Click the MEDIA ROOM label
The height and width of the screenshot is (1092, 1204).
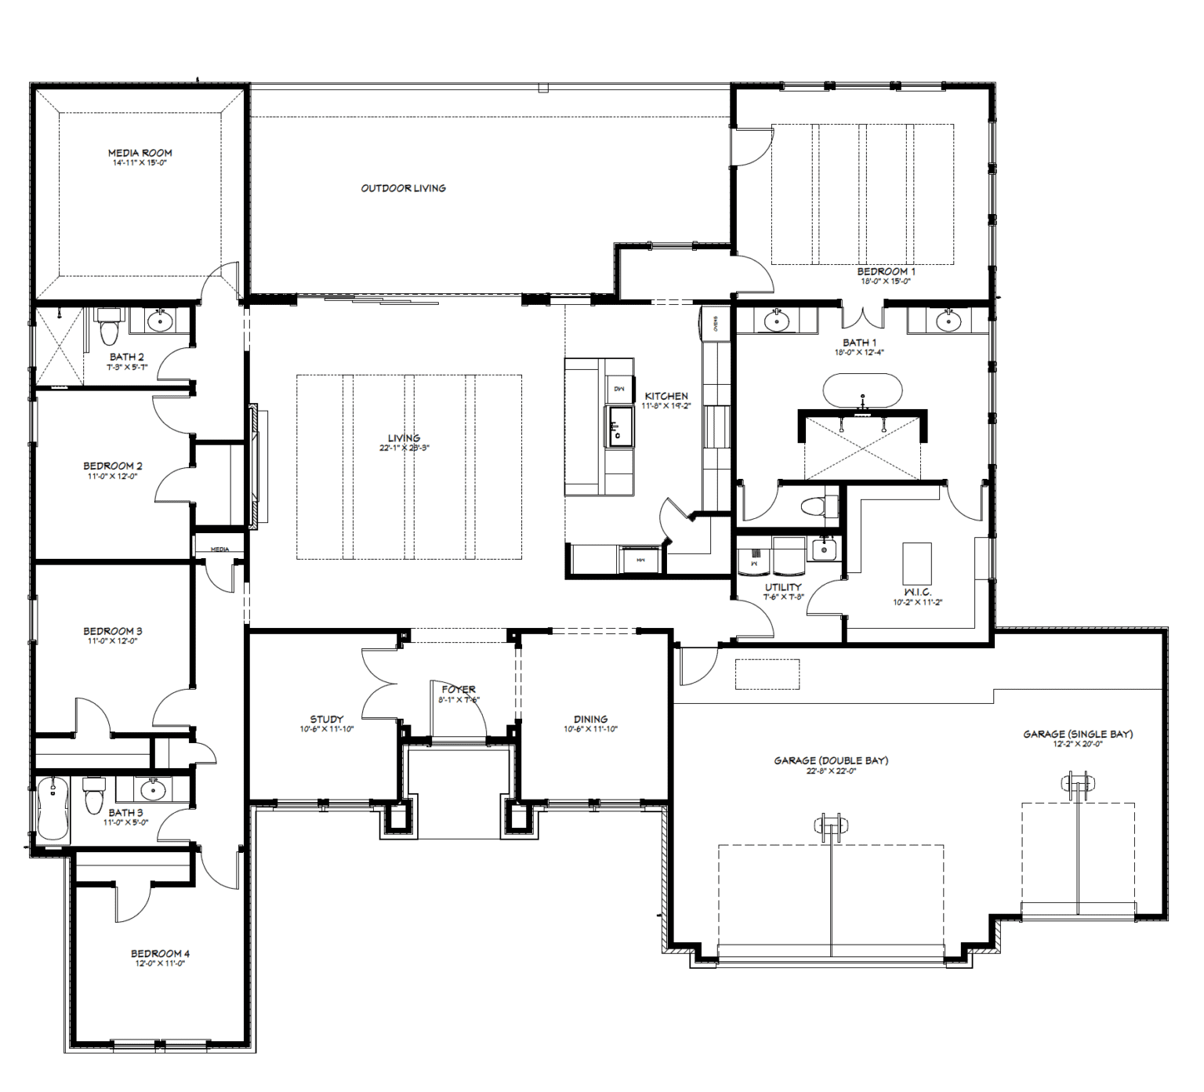(x=140, y=153)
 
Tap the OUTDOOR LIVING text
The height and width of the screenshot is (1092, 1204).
(x=403, y=188)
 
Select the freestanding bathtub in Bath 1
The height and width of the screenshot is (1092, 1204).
(x=862, y=390)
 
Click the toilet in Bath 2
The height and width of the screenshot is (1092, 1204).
(x=108, y=327)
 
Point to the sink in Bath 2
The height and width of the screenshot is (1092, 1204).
(x=161, y=321)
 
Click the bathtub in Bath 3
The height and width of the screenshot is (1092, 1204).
(x=53, y=808)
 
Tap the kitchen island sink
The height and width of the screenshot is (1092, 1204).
(x=618, y=426)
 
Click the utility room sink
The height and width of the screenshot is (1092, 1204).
(x=823, y=550)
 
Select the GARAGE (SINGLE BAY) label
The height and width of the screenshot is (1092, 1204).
(x=1078, y=734)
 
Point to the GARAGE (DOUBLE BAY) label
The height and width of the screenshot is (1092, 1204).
(x=831, y=760)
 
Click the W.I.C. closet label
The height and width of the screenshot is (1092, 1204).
(x=917, y=592)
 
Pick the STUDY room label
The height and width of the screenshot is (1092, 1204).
(x=326, y=719)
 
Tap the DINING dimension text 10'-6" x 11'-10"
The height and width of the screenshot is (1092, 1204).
(x=590, y=729)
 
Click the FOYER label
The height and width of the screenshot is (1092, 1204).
(x=459, y=689)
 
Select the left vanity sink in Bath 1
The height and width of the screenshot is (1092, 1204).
(x=776, y=321)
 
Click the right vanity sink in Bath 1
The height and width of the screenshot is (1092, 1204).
(x=948, y=321)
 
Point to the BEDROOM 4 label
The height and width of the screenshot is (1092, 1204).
(x=160, y=953)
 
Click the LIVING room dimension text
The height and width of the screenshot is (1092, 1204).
(x=404, y=448)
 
